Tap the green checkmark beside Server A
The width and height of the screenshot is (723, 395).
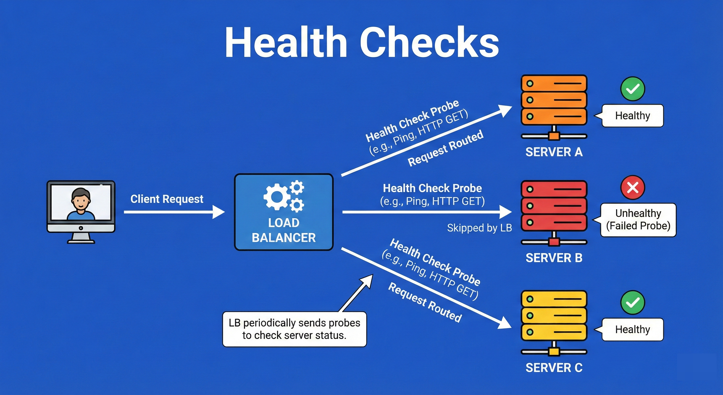633,89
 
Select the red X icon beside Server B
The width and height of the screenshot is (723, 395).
633,187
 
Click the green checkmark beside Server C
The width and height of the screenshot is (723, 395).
633,302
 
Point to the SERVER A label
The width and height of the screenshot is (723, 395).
554,152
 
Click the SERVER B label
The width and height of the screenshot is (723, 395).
554,258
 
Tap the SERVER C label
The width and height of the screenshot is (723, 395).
554,368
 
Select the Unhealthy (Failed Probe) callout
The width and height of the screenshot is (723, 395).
638,220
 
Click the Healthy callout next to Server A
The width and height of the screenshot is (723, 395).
632,115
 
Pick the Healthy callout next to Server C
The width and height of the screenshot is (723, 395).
632,329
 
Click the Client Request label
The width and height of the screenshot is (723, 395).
167,199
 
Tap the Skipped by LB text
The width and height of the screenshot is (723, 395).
479,228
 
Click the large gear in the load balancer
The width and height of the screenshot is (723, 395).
277,197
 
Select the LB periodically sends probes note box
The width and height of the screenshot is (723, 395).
294,329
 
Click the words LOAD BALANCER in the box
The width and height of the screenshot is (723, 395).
283,230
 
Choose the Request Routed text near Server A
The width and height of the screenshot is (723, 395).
445,148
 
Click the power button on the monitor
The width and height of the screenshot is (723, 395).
81,228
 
